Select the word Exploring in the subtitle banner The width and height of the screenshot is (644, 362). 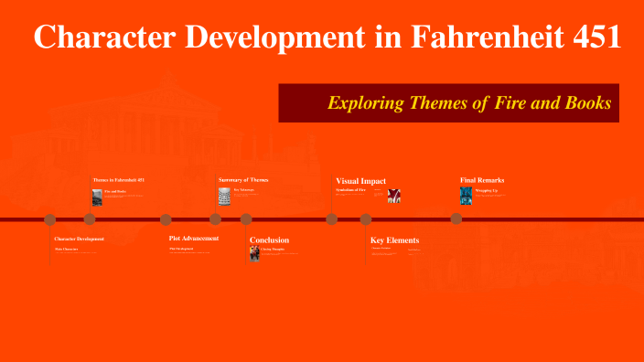pos(365,103)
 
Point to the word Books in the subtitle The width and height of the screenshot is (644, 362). pos(590,103)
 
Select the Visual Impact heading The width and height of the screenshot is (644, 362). pos(361,181)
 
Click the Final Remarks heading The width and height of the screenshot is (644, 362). pos(482,180)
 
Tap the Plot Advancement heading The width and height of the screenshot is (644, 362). pos(194,239)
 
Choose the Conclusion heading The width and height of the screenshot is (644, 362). pos(269,240)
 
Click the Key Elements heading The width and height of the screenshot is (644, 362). pos(394,240)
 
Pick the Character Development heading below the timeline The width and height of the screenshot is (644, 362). pos(80,239)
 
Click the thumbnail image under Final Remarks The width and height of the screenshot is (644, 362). pos(466,196)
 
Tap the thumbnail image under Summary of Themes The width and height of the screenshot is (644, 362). pos(224,196)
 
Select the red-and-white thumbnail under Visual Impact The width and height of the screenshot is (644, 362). pos(394,196)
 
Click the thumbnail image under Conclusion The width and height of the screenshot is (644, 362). pos(255,253)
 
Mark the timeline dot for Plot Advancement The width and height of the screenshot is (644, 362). pos(166,219)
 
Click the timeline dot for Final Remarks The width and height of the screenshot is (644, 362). pos(455,219)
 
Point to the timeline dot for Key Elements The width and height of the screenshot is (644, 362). pos(366,219)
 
